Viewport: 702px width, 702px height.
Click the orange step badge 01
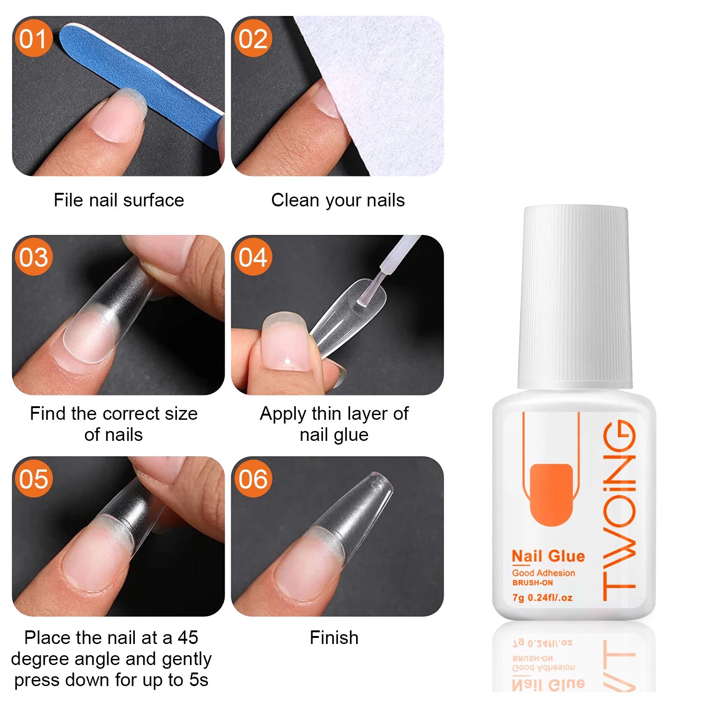click(x=33, y=38)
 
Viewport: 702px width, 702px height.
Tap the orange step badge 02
click(x=253, y=38)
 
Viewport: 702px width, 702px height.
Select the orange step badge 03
click(x=33, y=257)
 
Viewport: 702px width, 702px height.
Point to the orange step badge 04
click(x=253, y=257)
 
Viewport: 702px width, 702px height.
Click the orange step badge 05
click(x=33, y=479)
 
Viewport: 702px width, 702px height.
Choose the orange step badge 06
click(x=253, y=479)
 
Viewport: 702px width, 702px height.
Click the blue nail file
click(x=140, y=80)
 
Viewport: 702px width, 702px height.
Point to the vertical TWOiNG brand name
click(x=619, y=510)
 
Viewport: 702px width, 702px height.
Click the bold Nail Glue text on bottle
click(x=548, y=556)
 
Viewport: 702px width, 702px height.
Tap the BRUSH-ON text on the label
click(x=533, y=583)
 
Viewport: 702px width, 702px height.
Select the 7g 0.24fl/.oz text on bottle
click(x=542, y=598)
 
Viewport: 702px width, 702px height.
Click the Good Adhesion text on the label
click(x=543, y=573)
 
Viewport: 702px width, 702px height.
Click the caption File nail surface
click(x=119, y=200)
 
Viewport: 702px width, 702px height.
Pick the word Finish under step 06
click(x=334, y=638)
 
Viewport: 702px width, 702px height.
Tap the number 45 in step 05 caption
click(x=188, y=637)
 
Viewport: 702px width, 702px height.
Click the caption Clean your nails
click(x=338, y=200)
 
